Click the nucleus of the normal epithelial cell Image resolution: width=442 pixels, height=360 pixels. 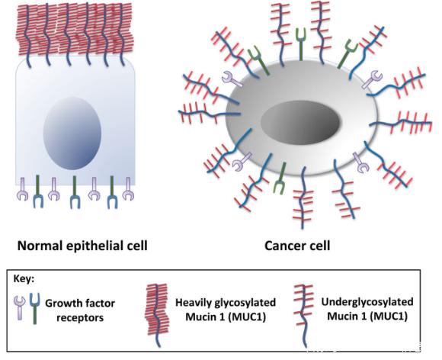click(72, 133)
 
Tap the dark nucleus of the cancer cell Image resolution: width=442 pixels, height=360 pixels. click(300, 123)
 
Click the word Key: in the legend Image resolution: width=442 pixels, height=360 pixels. click(24, 279)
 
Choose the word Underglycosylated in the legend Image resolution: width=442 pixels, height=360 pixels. click(367, 302)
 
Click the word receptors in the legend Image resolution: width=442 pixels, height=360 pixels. click(80, 318)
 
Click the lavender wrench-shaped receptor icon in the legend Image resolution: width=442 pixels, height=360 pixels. click(20, 307)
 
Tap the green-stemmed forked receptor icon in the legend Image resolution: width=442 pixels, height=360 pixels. click(34, 308)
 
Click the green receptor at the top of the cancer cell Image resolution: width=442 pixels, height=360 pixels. click(301, 44)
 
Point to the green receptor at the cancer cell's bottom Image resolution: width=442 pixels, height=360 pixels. click(280, 178)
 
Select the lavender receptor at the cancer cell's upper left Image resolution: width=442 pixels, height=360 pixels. click(232, 79)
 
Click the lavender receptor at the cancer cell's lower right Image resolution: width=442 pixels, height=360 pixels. click(360, 162)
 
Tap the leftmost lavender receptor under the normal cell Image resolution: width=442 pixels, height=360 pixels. click(22, 189)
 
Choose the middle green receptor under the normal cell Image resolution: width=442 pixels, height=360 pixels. click(75, 192)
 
